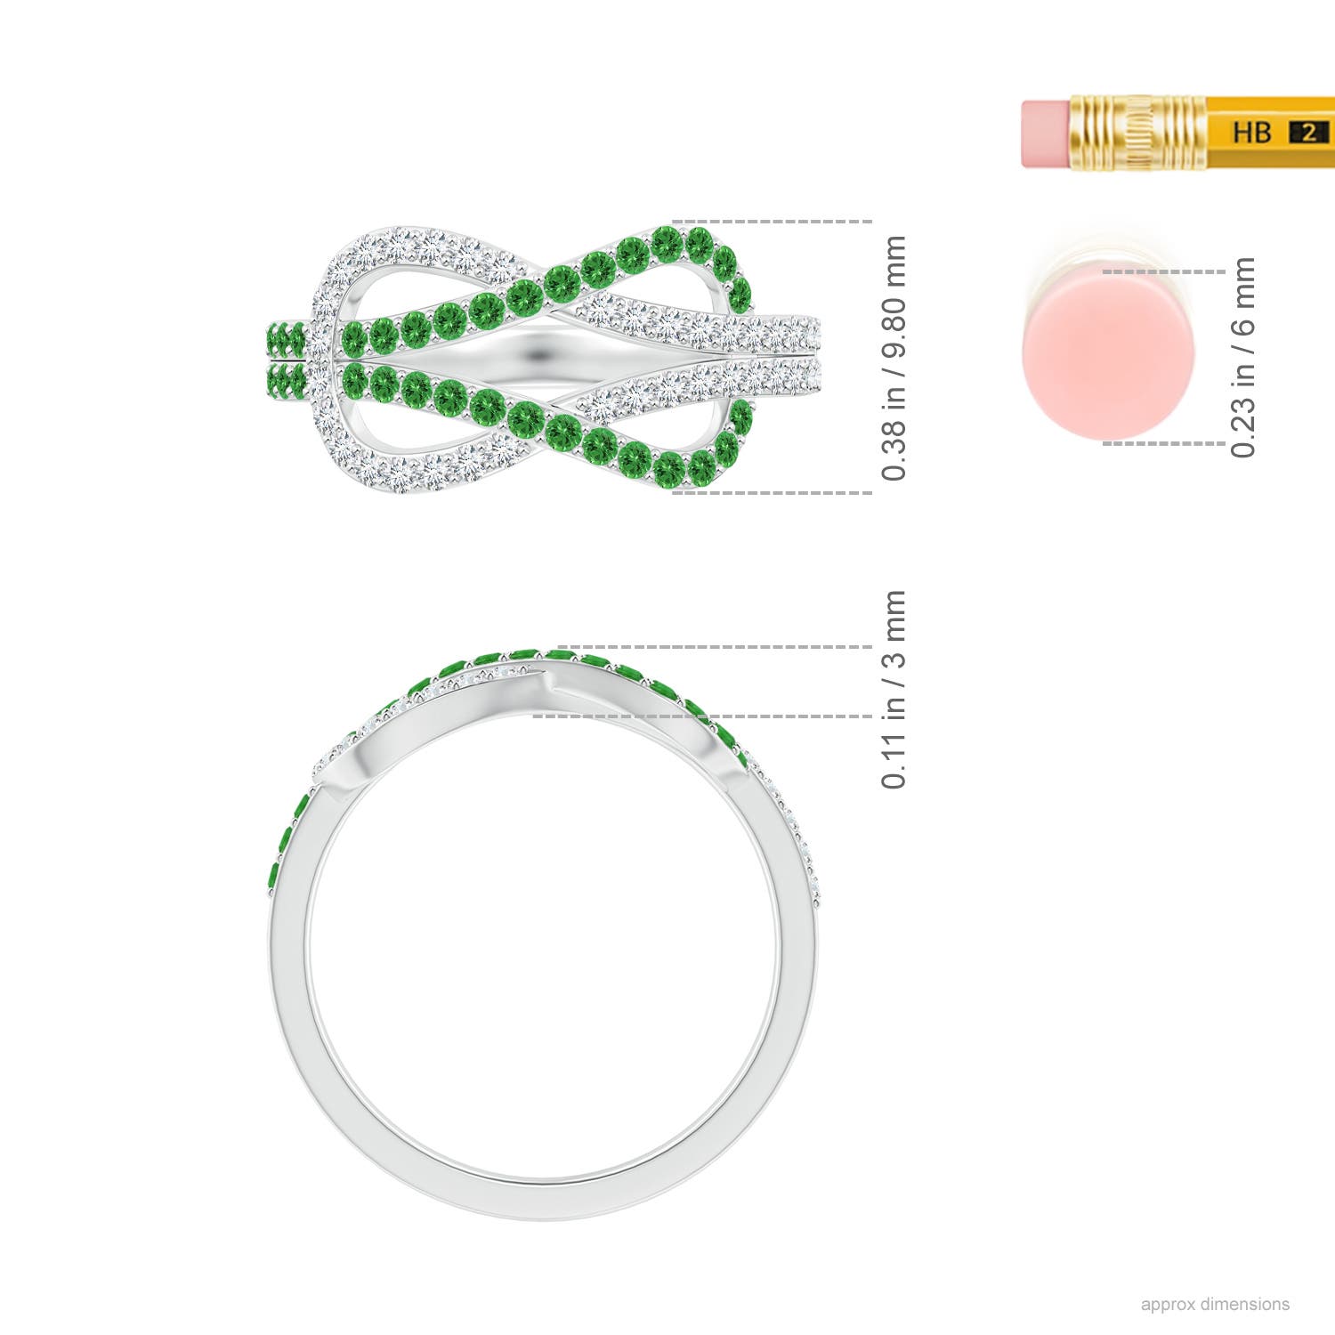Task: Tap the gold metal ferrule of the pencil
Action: click(x=1137, y=133)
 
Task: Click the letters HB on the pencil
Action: click(x=1251, y=133)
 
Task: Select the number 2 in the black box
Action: click(x=1308, y=133)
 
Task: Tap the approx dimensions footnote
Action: click(x=1215, y=1304)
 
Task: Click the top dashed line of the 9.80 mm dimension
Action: click(x=771, y=221)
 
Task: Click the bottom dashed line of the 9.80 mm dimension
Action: click(x=771, y=492)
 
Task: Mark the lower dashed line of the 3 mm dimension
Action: click(x=703, y=716)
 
